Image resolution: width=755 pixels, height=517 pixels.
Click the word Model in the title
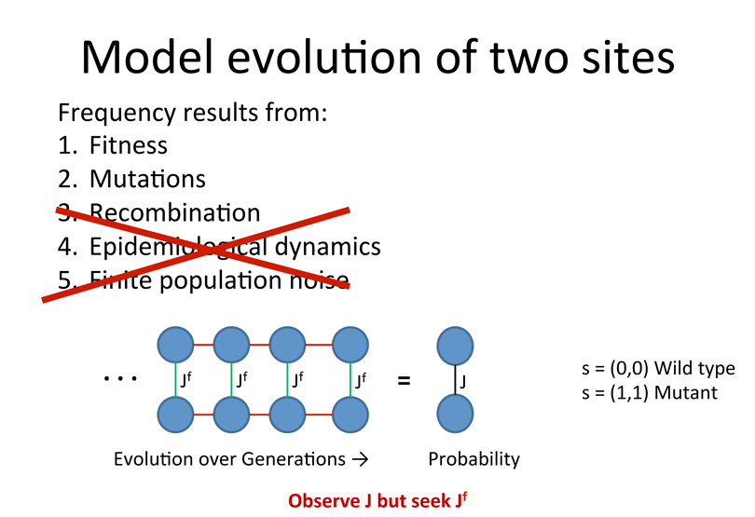click(x=147, y=57)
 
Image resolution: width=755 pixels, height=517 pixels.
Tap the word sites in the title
click(x=628, y=57)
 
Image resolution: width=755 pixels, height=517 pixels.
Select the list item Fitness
click(x=128, y=145)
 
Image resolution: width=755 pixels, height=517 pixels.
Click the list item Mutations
click(x=147, y=179)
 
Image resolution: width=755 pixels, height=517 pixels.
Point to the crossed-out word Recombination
click(x=175, y=212)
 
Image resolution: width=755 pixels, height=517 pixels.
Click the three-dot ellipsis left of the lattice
click(x=120, y=378)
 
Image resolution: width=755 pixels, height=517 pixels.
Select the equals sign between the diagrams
click(x=404, y=381)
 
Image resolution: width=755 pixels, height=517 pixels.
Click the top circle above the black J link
click(x=455, y=346)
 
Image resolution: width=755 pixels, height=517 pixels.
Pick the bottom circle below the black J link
click(x=455, y=414)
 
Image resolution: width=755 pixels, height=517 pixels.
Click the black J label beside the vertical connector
click(x=462, y=382)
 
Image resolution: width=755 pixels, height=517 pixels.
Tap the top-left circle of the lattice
click(x=176, y=346)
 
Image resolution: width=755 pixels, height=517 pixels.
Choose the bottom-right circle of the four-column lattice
click(x=350, y=415)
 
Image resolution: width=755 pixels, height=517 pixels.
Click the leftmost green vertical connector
click(x=176, y=380)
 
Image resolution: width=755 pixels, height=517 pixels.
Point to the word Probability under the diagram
click(x=474, y=459)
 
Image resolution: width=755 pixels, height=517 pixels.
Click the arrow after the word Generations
click(x=360, y=460)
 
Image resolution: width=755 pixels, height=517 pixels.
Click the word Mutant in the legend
click(x=686, y=393)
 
